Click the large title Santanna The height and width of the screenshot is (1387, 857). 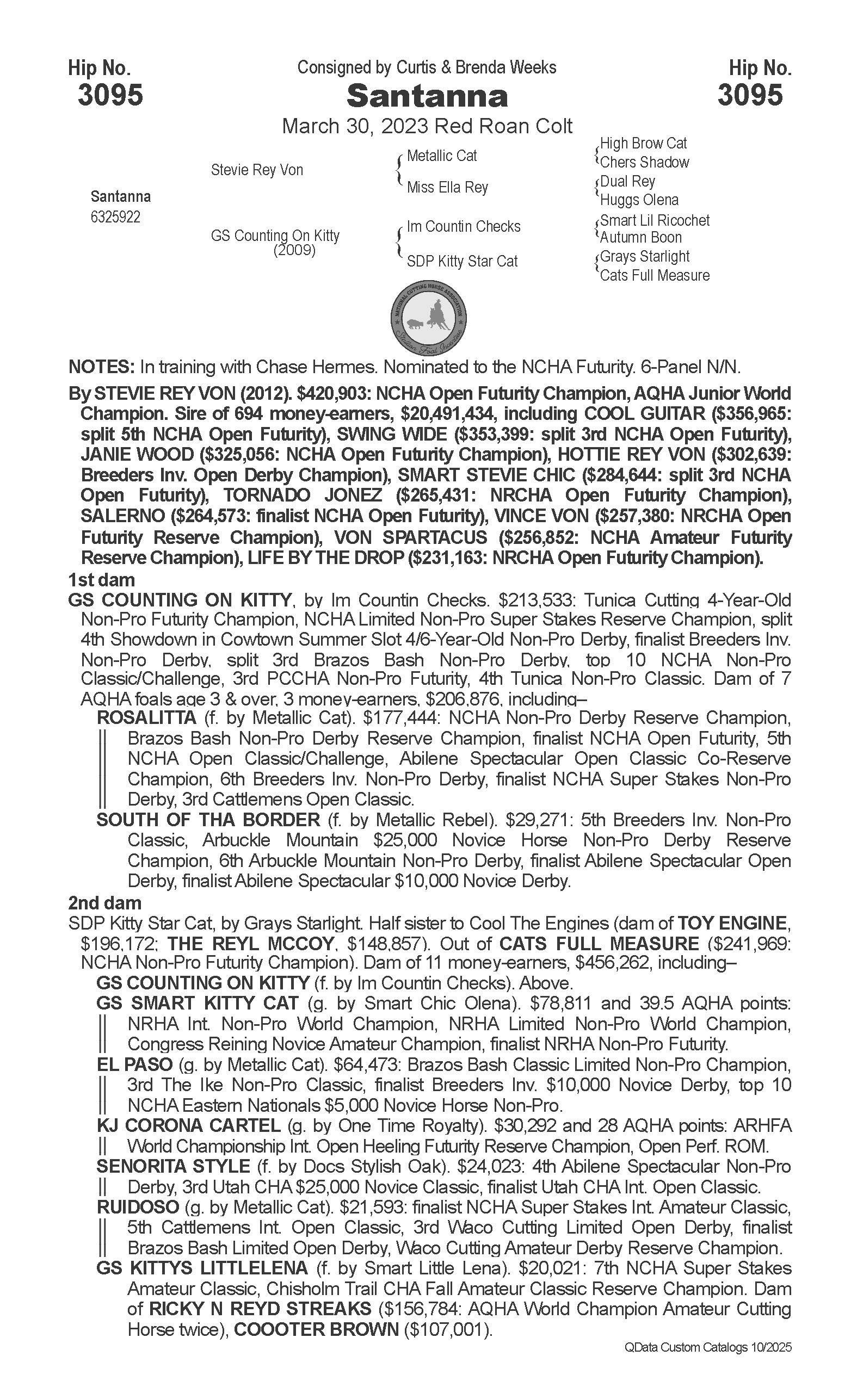pyautogui.click(x=427, y=96)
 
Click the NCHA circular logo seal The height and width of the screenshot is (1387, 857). pyautogui.click(x=429, y=318)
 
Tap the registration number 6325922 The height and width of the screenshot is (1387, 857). pyautogui.click(x=115, y=217)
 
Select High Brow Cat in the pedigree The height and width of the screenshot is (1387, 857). pyautogui.click(x=643, y=144)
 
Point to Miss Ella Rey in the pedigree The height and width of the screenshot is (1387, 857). pyautogui.click(x=447, y=188)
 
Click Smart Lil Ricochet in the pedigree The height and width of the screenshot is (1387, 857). pyautogui.click(x=655, y=220)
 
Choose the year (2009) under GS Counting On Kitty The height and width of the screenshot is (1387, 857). pyautogui.click(x=294, y=250)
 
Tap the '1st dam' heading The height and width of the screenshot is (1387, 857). pyautogui.click(x=101, y=580)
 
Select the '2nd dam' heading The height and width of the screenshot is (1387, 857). pyautogui.click(x=105, y=902)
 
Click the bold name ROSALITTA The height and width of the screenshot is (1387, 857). pyautogui.click(x=147, y=718)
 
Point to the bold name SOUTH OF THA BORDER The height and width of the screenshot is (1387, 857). pyautogui.click(x=208, y=820)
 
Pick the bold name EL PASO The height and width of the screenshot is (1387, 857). pyautogui.click(x=134, y=1064)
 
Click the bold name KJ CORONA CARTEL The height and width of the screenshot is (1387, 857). pyautogui.click(x=189, y=1126)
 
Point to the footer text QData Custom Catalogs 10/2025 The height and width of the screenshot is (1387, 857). pyautogui.click(x=708, y=1347)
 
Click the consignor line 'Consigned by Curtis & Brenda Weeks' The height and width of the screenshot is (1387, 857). pyautogui.click(x=427, y=68)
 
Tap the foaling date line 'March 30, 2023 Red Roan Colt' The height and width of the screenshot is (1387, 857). pyautogui.click(x=427, y=126)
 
